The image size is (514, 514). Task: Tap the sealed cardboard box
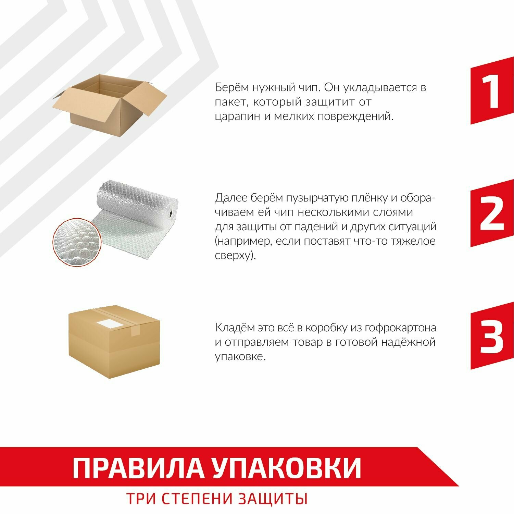114,341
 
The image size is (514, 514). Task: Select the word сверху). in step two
236,256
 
